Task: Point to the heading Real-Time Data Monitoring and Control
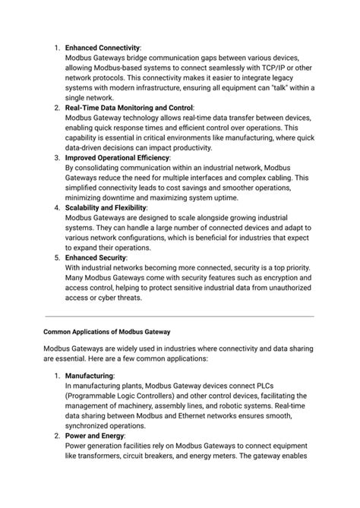tap(129, 108)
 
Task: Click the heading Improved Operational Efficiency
tap(117, 157)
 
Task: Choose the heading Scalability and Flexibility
tap(106, 207)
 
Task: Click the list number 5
tap(57, 257)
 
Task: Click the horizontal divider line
tap(179, 316)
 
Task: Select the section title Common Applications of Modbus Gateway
tap(107, 332)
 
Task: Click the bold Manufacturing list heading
tap(90, 375)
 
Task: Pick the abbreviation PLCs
tap(276, 385)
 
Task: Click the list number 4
tap(57, 207)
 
